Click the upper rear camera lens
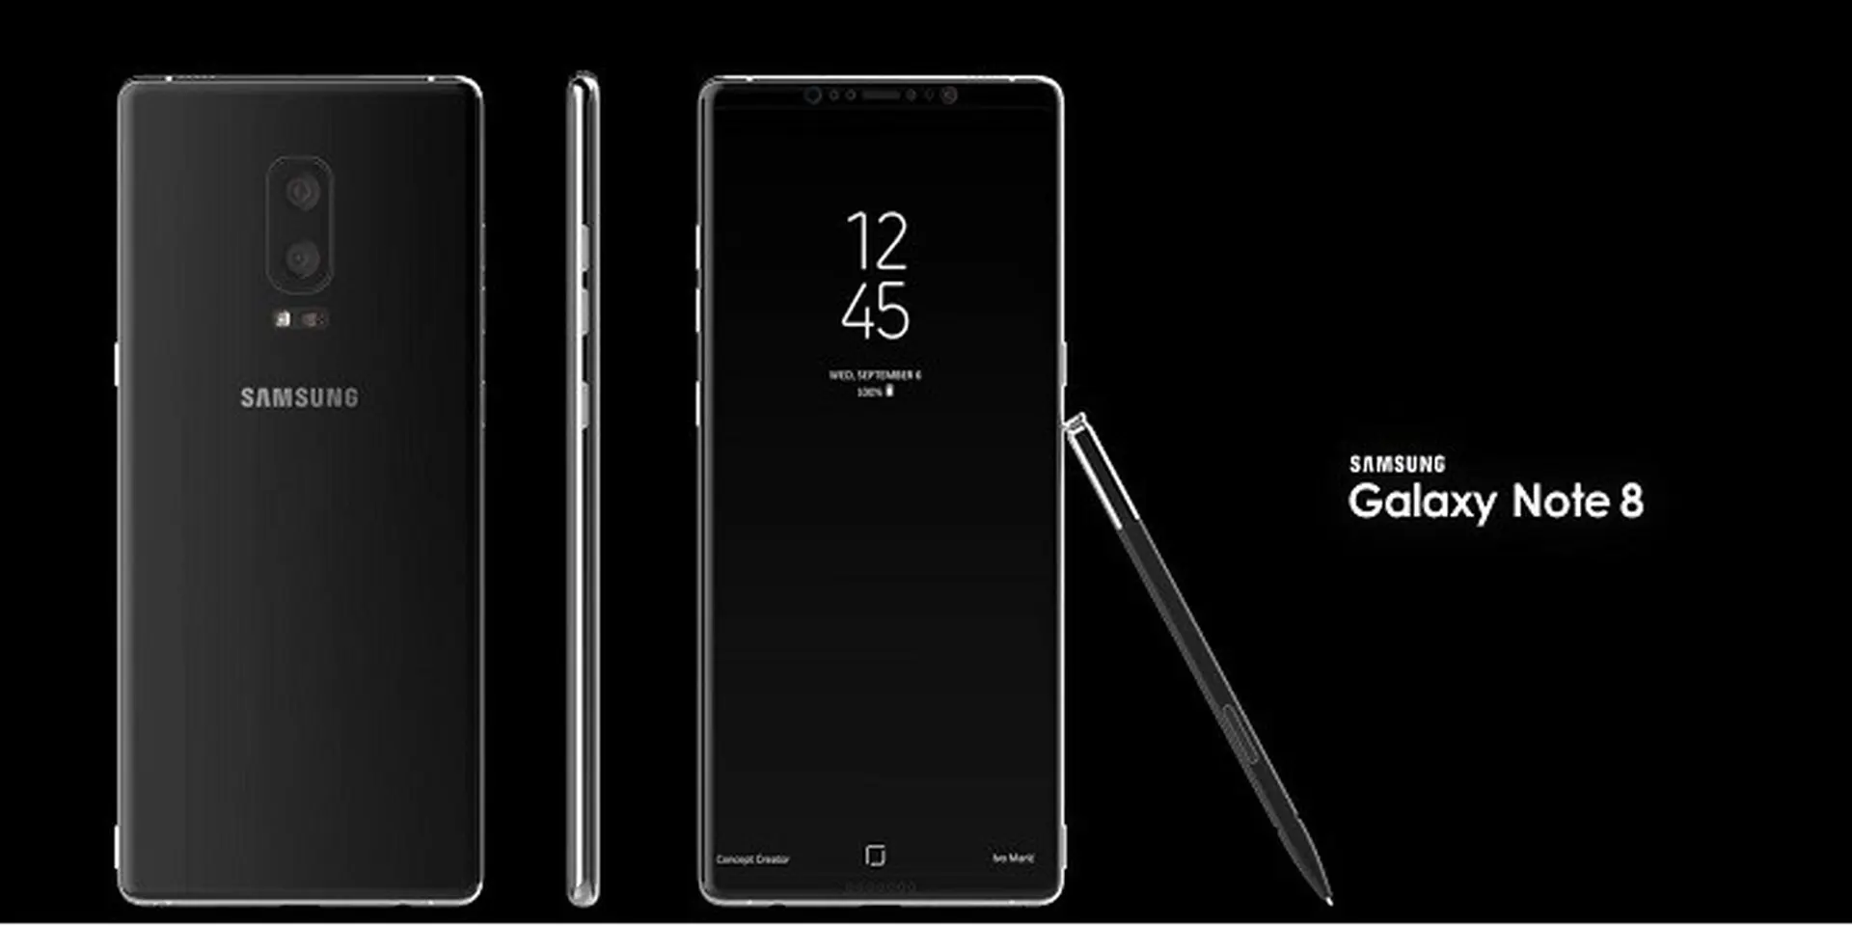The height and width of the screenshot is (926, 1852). tap(302, 192)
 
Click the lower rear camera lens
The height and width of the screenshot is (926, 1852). tap(302, 259)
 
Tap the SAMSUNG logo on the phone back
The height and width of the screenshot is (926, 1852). tap(299, 397)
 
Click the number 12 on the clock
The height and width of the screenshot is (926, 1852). tap(877, 241)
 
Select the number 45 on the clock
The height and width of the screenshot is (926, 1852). tap(875, 311)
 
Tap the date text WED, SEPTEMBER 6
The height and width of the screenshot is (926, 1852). tap(875, 374)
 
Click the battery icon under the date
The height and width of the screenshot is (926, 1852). tap(889, 391)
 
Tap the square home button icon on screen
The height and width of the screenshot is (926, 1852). tap(875, 856)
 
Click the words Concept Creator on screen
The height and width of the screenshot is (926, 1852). tap(752, 858)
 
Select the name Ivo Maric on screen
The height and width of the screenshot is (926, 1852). tap(1013, 858)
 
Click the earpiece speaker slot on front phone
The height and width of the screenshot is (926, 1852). tap(880, 95)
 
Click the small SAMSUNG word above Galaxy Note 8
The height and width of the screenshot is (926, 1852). tap(1397, 464)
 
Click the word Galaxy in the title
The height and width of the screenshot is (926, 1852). tap(1422, 502)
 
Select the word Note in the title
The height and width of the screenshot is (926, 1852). tap(1560, 501)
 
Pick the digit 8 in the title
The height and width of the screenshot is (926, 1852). tap(1631, 501)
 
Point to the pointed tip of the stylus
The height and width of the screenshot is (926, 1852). tap(1328, 899)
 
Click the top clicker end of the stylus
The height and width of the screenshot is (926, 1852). tap(1076, 422)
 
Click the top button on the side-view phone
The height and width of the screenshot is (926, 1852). tap(584, 245)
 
